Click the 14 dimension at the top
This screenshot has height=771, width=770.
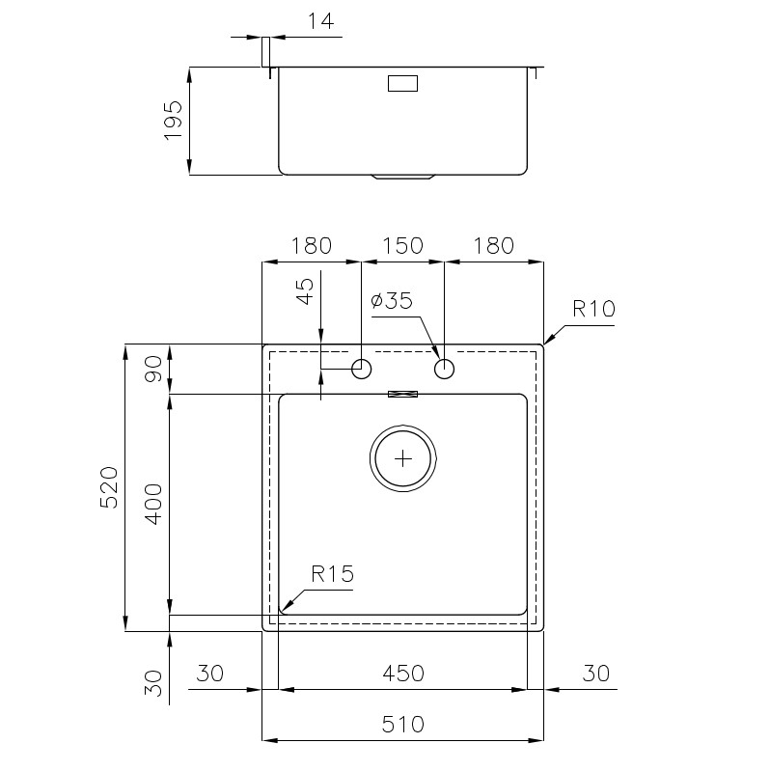click(320, 21)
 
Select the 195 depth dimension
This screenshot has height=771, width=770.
click(173, 121)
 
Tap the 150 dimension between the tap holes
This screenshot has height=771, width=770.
click(402, 245)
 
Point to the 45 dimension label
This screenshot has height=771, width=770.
click(305, 291)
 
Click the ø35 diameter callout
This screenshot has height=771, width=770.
click(392, 300)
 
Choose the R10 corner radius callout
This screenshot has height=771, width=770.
click(594, 309)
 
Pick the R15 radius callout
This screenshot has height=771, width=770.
click(332, 574)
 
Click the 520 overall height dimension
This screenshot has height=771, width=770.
click(109, 487)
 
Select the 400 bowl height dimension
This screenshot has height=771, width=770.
click(153, 504)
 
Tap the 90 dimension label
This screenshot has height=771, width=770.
click(153, 369)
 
